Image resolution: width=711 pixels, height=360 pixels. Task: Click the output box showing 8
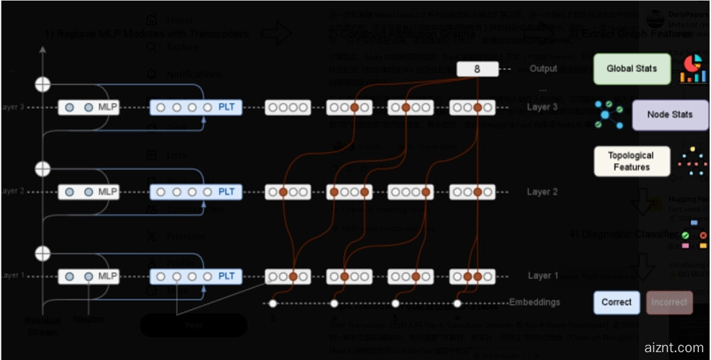[x=476, y=69]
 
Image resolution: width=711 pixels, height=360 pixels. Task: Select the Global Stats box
[x=631, y=69]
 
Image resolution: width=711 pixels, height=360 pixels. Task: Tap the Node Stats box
[x=670, y=115]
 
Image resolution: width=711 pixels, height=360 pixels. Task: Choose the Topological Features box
[x=631, y=162]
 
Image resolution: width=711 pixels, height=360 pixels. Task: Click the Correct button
[x=616, y=302]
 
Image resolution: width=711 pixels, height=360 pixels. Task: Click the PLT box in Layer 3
[x=196, y=108]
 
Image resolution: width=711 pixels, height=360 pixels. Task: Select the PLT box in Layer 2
[x=196, y=192]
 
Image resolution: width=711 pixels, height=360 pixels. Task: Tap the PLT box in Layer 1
[x=196, y=276]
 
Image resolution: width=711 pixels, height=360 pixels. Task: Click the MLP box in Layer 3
[x=88, y=108]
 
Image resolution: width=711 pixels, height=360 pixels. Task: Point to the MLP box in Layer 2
[x=88, y=192]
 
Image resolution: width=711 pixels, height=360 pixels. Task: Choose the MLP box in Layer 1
[x=88, y=276]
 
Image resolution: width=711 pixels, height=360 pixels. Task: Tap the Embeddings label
[x=534, y=302]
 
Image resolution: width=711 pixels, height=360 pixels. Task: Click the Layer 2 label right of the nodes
[x=542, y=192]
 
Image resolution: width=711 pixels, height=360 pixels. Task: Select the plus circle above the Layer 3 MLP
[x=43, y=85]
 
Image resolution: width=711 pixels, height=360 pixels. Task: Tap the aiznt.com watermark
[x=673, y=348]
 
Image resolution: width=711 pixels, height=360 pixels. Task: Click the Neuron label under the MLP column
[x=88, y=319]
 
